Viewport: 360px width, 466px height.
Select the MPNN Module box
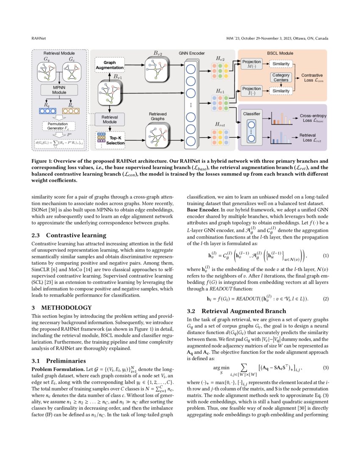click(x=59, y=90)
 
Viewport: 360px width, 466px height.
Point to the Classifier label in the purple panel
click(x=251, y=114)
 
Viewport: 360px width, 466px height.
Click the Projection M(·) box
click(x=252, y=64)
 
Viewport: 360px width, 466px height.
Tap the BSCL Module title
click(x=280, y=54)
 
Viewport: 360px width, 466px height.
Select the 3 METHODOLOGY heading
click(x=61, y=307)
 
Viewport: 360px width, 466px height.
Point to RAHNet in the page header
click(x=39, y=39)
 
